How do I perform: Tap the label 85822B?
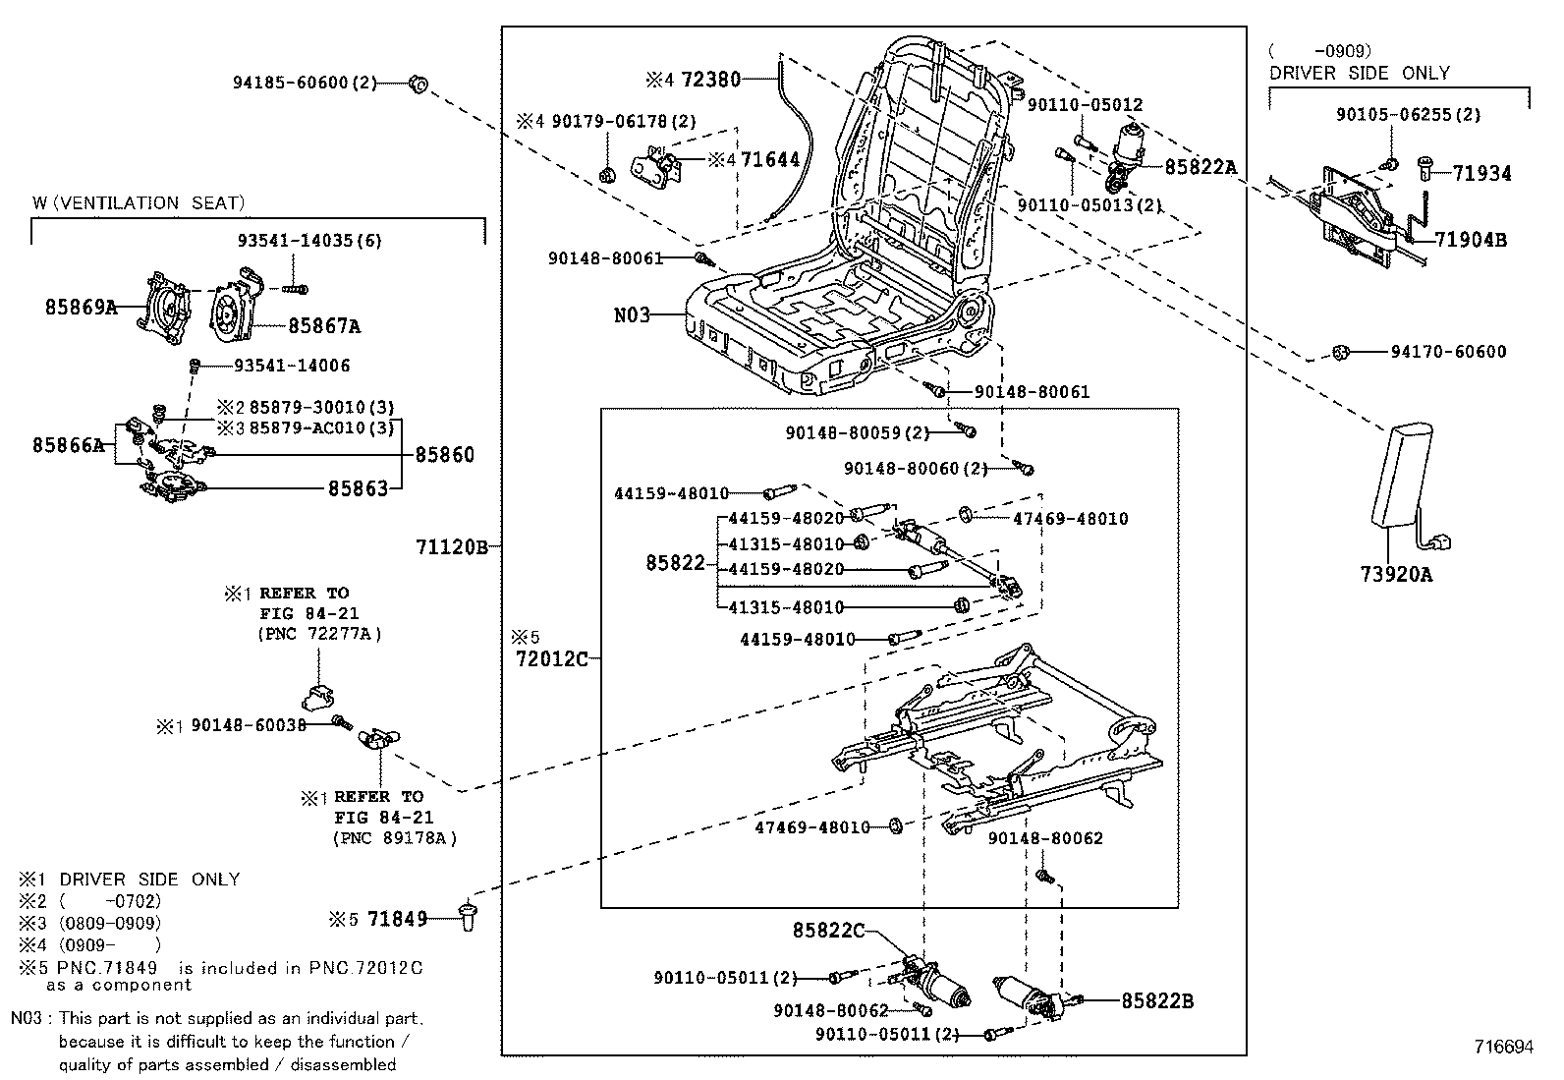(x=1157, y=1000)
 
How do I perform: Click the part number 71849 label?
(x=397, y=919)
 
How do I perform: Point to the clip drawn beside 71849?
(x=468, y=915)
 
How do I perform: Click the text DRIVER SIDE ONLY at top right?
(x=1359, y=73)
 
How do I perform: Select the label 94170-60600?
(x=1447, y=352)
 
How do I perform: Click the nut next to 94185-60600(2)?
(x=417, y=83)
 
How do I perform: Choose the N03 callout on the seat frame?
(x=632, y=315)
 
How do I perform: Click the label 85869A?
(x=81, y=307)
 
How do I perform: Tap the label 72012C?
(x=551, y=658)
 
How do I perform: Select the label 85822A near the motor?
(x=1201, y=167)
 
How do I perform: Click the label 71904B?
(x=1471, y=239)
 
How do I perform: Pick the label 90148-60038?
(x=249, y=724)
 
